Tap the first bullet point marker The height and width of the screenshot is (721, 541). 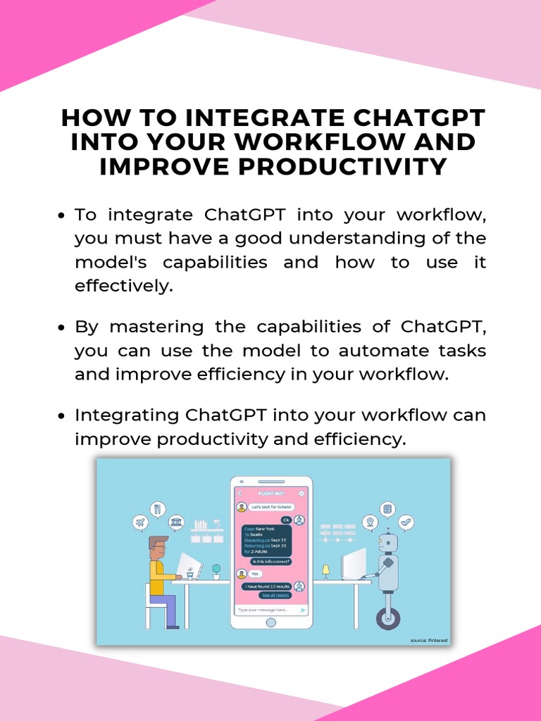tap(62, 215)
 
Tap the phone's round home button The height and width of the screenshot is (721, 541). tap(271, 622)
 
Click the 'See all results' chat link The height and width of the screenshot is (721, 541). tap(275, 595)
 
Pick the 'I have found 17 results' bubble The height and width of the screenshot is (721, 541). tap(266, 586)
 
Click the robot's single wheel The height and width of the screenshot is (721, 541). tap(388, 617)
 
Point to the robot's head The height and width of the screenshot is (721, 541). tap(387, 543)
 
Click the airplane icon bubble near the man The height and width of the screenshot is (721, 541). tap(140, 522)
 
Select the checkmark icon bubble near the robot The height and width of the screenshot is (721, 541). tap(405, 522)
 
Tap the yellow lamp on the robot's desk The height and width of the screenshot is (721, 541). tap(325, 569)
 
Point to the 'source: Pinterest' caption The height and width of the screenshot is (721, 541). tap(428, 640)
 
